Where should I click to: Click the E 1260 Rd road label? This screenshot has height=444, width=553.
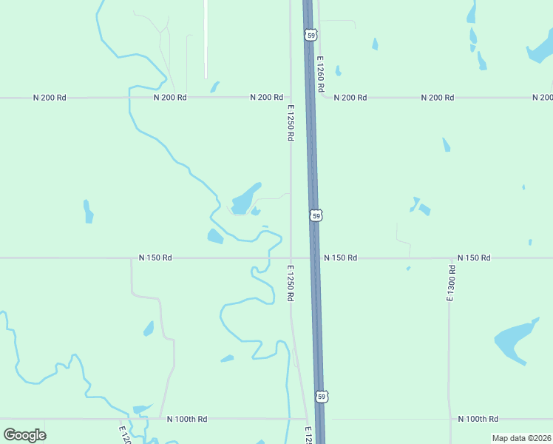321,73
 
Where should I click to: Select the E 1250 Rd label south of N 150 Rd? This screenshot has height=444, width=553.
291,283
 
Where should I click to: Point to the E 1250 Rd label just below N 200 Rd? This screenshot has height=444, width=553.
291,122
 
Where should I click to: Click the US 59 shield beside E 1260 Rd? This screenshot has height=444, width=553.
311,35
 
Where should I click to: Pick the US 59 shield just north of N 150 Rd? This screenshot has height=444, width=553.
316,215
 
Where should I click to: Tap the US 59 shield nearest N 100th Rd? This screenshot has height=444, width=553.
321,397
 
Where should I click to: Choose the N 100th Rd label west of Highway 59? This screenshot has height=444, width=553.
187,419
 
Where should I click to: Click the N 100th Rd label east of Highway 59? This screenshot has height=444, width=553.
478,419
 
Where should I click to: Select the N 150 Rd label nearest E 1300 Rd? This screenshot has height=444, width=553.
474,258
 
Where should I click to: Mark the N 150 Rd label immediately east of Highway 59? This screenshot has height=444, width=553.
340,258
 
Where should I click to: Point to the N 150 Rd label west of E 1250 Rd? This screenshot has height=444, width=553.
155,258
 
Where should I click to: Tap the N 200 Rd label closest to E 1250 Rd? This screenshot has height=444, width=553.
266,98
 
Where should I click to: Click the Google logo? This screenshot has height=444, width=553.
24,434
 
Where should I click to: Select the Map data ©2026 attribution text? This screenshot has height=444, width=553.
521,438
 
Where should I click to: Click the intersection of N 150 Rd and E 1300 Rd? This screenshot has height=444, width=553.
449,258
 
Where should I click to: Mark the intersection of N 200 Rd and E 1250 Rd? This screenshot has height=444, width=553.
290,98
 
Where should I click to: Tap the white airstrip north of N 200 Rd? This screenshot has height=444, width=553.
206,37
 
